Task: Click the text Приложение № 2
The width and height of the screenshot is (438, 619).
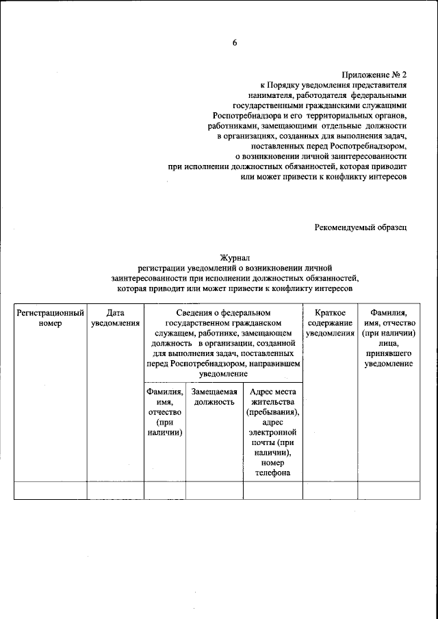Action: [x=375, y=75]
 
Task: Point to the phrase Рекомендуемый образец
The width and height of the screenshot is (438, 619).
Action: [x=361, y=227]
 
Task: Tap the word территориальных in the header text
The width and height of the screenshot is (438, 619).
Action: [x=322, y=116]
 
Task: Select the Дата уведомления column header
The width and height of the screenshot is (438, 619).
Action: [x=115, y=318]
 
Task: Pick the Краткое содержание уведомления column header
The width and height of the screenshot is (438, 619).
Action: [x=330, y=323]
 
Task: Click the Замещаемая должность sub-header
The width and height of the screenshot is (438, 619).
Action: [x=214, y=396]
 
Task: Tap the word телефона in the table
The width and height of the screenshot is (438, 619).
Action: [x=271, y=473]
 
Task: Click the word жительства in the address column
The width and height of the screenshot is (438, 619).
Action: [x=272, y=402]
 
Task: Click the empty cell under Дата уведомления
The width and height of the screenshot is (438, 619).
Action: [x=115, y=491]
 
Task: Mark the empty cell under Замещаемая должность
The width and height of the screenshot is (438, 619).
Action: [x=214, y=491]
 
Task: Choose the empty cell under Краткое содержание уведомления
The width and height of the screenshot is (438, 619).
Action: [x=330, y=491]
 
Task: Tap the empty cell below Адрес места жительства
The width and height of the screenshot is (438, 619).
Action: [x=272, y=491]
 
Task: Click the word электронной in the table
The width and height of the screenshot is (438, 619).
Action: [x=272, y=433]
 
